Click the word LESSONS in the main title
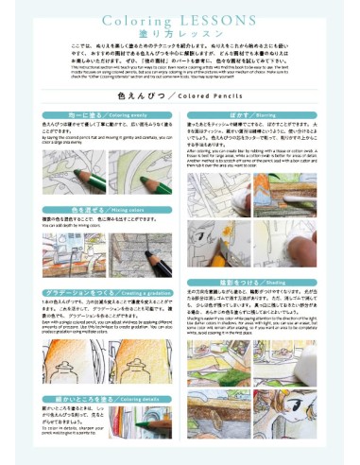click(x=213, y=19)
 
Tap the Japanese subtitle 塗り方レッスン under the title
click(x=180, y=33)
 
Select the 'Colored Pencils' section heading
click(x=180, y=95)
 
